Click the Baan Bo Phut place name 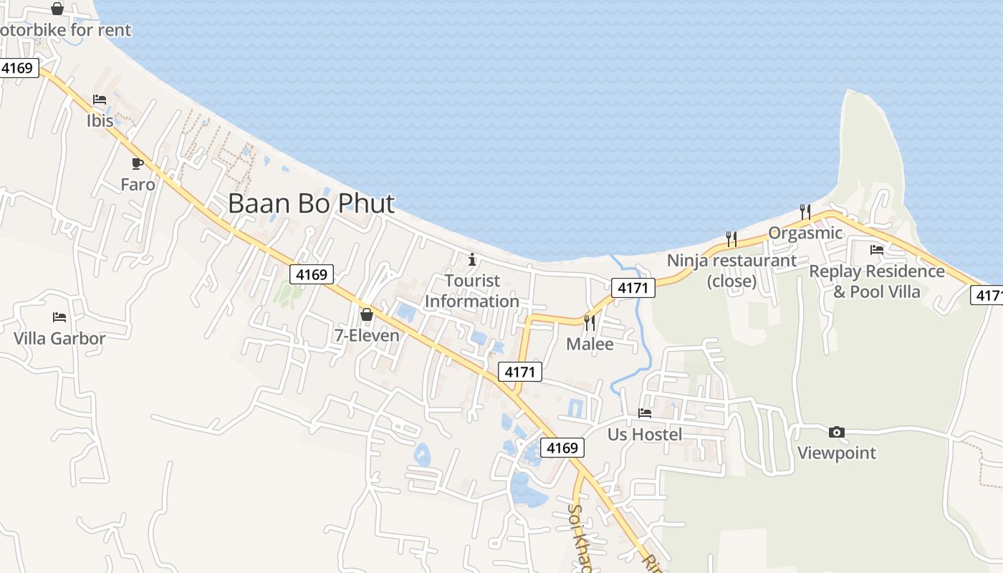tap(311, 203)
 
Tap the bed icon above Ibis tap(100, 100)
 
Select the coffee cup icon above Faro tap(138, 163)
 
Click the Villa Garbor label tap(59, 339)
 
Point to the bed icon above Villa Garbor tap(59, 317)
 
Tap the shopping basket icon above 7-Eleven tap(367, 314)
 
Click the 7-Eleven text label tap(367, 335)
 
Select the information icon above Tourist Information tap(472, 259)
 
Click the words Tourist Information tap(472, 291)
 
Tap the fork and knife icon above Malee tap(590, 323)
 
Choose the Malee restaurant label tap(590, 345)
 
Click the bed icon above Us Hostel tap(645, 413)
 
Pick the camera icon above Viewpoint tap(836, 432)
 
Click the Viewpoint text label tap(837, 453)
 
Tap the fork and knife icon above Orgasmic tap(805, 211)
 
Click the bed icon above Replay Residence tap(877, 250)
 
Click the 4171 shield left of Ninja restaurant tap(633, 288)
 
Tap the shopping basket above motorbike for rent tap(57, 9)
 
